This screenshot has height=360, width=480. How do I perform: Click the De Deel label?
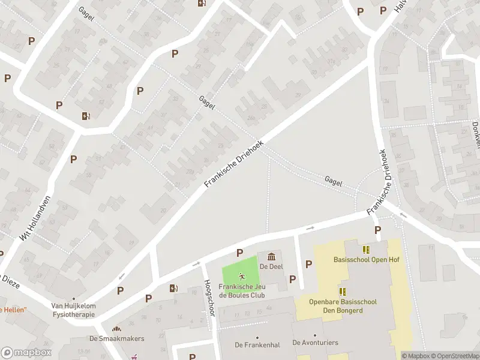tap(271, 266)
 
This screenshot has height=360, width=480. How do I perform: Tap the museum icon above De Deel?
tap(271, 257)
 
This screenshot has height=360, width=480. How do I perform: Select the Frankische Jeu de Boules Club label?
tap(242, 290)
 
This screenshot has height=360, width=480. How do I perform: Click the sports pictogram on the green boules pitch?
tap(242, 277)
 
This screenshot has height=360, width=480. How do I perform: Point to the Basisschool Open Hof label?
tap(366, 260)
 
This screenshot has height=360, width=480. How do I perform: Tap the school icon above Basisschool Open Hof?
tap(366, 249)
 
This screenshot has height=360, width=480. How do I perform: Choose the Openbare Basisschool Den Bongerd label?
tap(343, 306)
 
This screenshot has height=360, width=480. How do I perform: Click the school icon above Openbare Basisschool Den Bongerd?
tap(343, 292)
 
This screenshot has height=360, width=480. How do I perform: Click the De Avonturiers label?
tap(315, 343)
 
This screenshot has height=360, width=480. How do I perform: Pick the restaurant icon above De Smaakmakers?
tap(116, 328)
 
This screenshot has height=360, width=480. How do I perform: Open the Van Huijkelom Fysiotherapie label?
tap(73, 310)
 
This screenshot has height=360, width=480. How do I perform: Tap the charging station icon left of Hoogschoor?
tap(173, 288)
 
